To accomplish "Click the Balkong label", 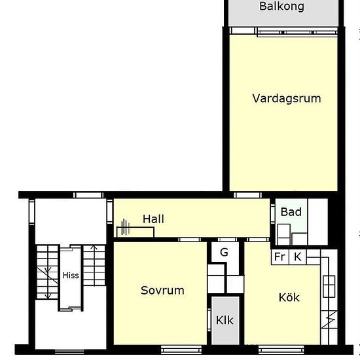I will pos(281,7).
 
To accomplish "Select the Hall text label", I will pos(153,219).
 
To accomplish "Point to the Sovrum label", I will pos(162,290).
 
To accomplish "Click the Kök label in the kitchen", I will pos(289,297).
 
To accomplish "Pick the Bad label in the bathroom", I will pos(291,212).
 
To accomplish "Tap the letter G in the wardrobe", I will pos(224,252).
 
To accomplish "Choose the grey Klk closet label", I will pos(225,321).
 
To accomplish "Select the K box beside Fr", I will pos(297,257).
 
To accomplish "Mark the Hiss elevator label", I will pos(71,276).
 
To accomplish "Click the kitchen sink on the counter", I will pos(329,284).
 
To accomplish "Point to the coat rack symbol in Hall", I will pos(126,229).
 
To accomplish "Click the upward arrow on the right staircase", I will pos(94,249).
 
